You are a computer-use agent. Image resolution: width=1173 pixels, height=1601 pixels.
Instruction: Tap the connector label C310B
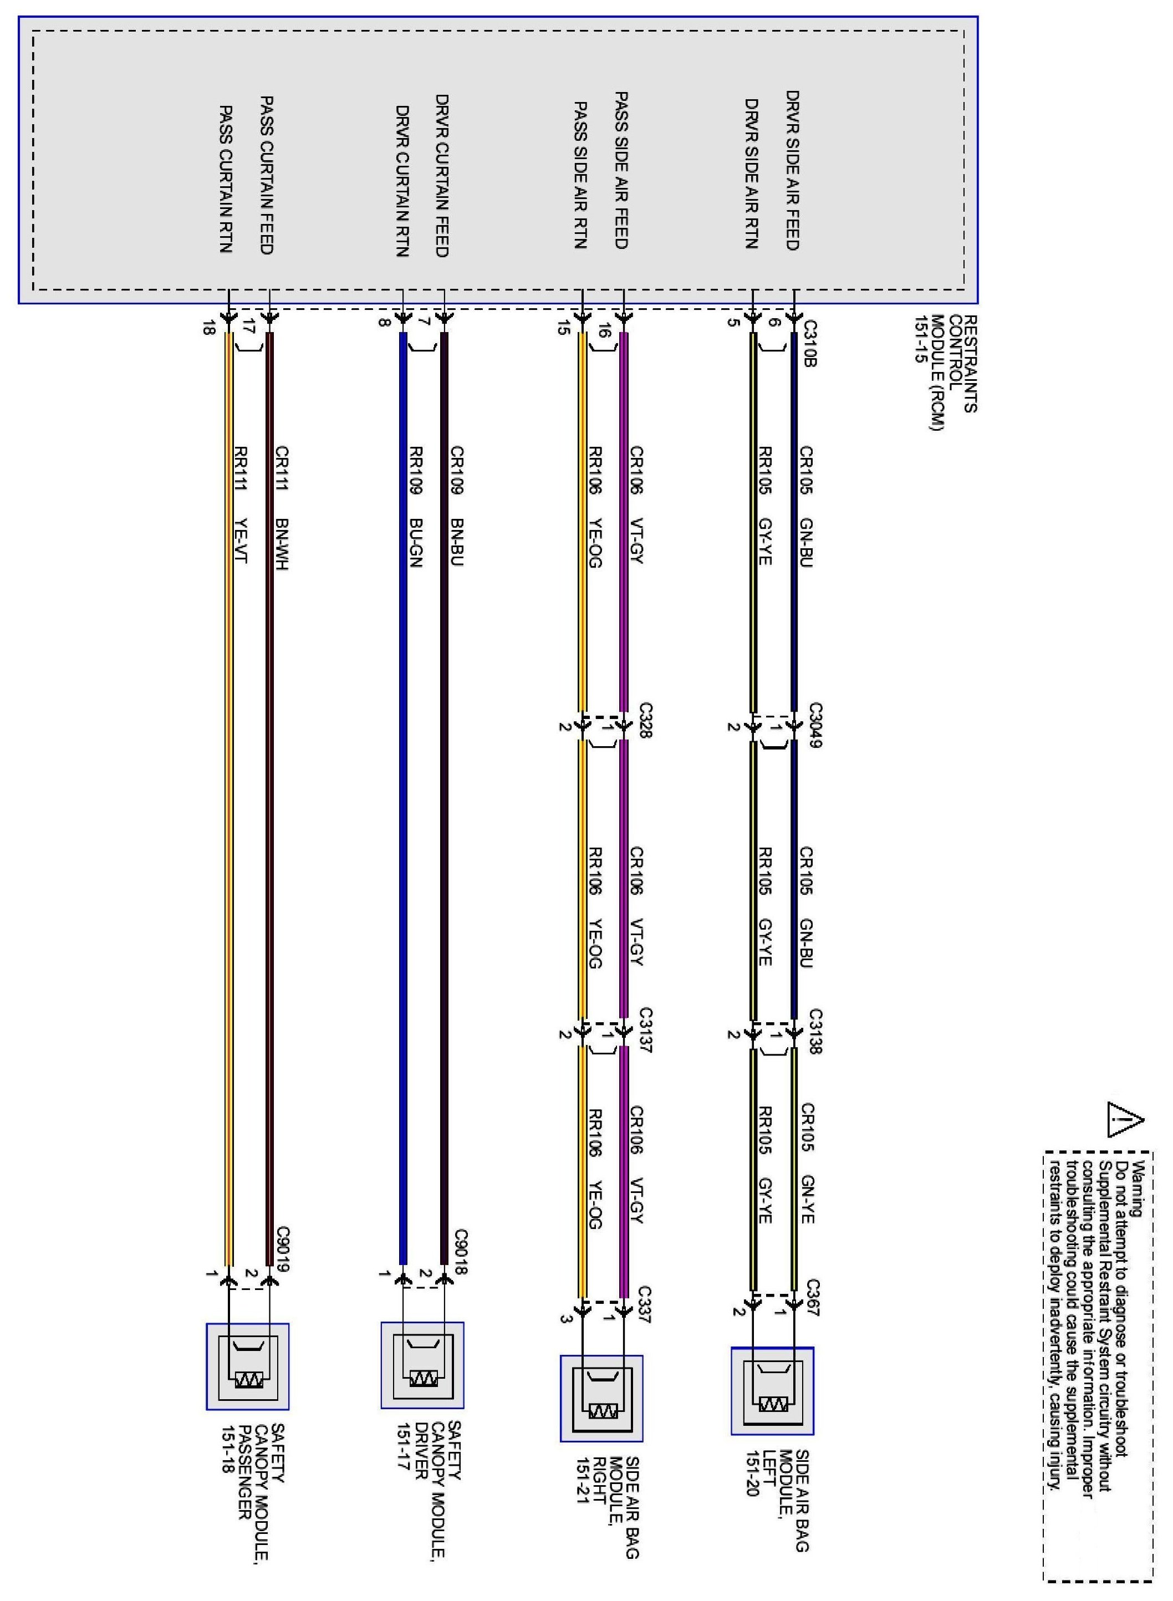(x=810, y=344)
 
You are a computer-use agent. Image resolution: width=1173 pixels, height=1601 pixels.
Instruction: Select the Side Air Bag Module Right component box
(x=601, y=1398)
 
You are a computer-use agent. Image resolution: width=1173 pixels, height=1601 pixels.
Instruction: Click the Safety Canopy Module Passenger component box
(x=248, y=1366)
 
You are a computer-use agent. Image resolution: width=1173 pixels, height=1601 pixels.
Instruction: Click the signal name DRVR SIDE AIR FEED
(x=793, y=170)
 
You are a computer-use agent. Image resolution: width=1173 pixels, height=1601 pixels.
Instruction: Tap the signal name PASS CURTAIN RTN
(x=226, y=179)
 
